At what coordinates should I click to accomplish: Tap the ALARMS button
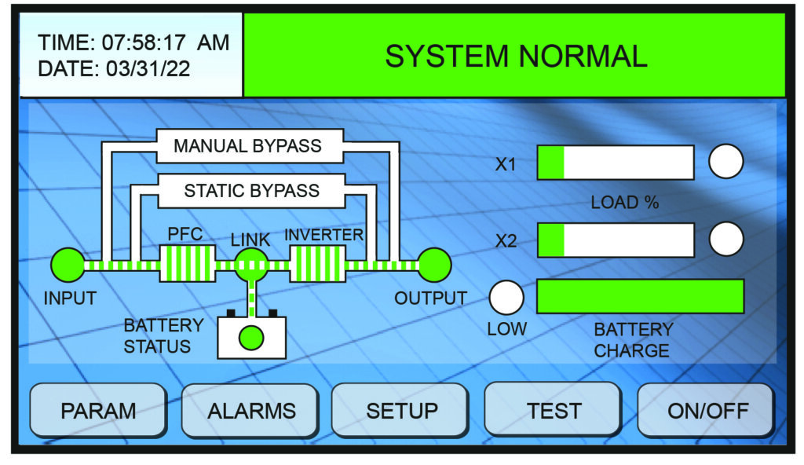251,410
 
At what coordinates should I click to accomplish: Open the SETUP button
402,410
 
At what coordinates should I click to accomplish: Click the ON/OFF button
707,410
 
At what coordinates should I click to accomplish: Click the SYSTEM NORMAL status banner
515,55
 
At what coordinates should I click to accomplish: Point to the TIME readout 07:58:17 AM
133,43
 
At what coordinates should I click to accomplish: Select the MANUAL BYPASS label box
247,145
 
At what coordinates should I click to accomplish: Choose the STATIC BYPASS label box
251,190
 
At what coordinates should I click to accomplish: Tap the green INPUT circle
68,265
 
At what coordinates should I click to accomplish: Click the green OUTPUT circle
434,265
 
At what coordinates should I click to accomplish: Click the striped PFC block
188,264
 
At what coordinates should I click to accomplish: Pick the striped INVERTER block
317,264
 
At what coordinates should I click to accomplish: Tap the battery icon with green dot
251,337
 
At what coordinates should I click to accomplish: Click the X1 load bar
616,163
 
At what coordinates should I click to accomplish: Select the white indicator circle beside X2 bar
725,239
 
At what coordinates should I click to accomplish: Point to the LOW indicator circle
506,297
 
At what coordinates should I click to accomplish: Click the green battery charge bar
640,296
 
